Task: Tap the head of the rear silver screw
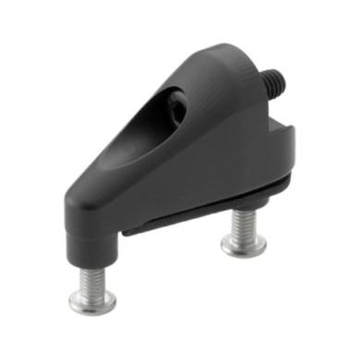tap(244, 246)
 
